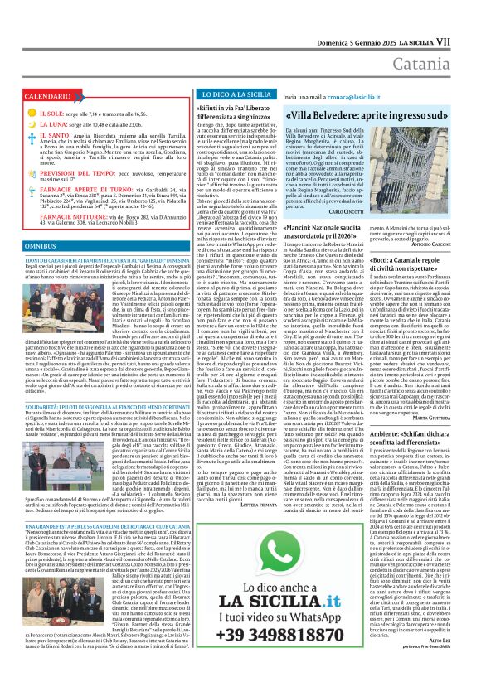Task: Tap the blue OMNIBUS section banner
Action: tap(41, 247)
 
